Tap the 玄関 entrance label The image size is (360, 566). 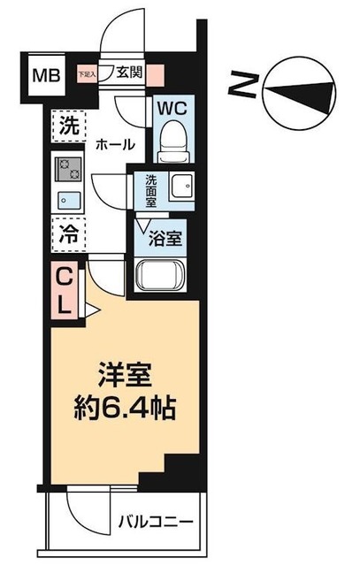pos(128,74)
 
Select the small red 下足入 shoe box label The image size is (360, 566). pos(88,74)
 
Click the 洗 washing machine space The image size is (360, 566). pos(68,125)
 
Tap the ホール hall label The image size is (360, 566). pos(112,144)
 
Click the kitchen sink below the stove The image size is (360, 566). pos(67,197)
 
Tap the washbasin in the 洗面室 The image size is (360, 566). pos(182,187)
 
